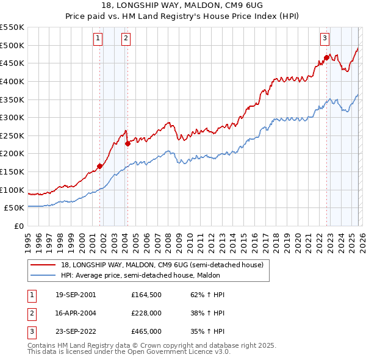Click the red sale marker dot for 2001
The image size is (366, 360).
[99, 166]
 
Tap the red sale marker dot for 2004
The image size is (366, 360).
[127, 144]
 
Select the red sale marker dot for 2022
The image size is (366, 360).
[326, 58]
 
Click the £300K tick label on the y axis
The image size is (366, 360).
[12, 117]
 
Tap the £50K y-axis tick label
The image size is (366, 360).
[15, 208]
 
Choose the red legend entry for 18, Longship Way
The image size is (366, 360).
[162, 265]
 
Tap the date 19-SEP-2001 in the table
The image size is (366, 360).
[75, 295]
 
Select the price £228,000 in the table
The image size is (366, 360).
[146, 313]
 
